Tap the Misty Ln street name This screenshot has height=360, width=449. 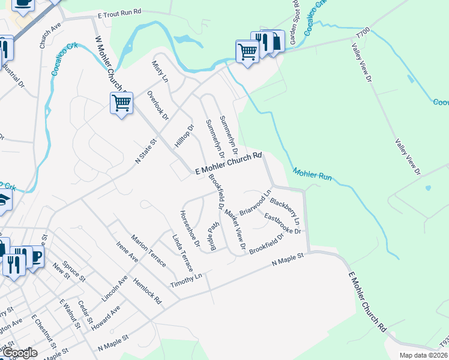160,71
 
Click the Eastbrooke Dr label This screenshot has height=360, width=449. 282,224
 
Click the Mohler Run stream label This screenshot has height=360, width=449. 312,176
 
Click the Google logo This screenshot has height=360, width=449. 19,353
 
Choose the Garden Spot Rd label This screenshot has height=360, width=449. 294,23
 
